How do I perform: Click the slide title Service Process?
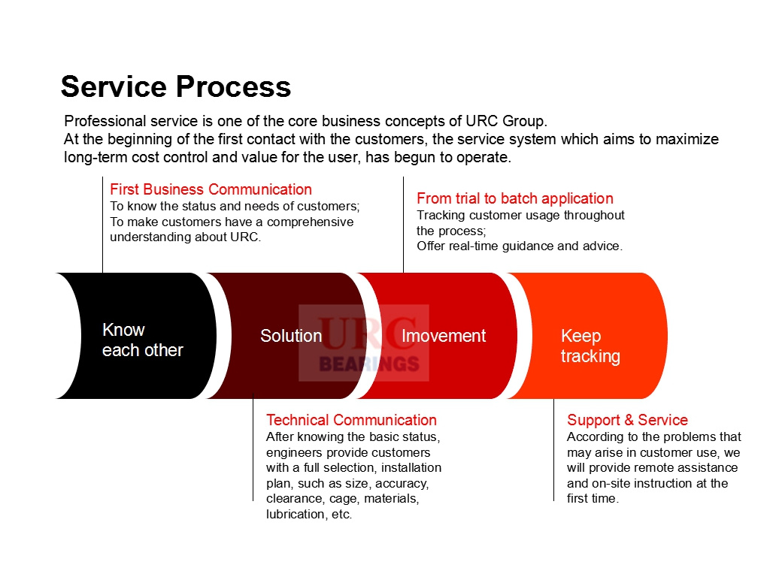176,87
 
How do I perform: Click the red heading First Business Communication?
211,189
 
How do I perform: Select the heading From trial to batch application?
515,198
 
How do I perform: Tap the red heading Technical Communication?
352,420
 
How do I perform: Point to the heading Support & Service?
627,420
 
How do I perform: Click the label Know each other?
142,340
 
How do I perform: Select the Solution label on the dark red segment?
291,336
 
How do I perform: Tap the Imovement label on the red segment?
444,336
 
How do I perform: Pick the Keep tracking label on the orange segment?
590,346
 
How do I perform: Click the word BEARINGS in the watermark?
369,364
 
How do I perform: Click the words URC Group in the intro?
506,121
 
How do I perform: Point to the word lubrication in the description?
296,514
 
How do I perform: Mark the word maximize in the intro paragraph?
687,139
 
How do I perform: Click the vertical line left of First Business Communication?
102,225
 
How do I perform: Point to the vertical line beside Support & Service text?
554,450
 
